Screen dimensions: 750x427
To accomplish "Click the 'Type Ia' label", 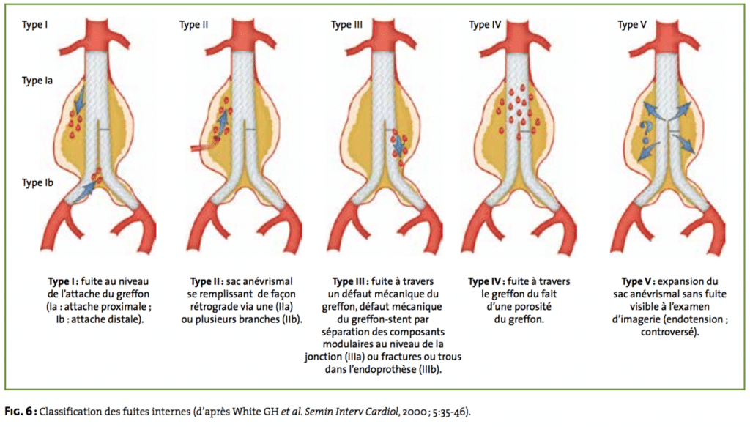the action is click(x=37, y=81).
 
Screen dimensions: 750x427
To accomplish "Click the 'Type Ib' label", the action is click(x=37, y=182).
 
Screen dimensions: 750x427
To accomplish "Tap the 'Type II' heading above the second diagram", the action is click(x=193, y=25).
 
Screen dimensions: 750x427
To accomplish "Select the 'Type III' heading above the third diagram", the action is click(x=346, y=25).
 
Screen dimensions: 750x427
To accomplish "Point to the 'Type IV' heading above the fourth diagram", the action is click(x=485, y=25).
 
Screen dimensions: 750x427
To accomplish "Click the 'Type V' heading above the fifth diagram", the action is click(x=632, y=25).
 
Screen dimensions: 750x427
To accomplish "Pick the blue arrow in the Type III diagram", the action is click(x=396, y=143).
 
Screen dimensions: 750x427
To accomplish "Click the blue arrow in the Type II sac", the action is click(x=221, y=122).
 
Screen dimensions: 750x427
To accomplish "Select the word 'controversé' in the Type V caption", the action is click(x=669, y=332).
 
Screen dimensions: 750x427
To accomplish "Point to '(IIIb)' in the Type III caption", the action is click(x=429, y=370).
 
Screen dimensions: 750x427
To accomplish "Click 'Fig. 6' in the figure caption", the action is click(x=19, y=411).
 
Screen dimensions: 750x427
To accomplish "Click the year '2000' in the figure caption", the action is click(x=413, y=412).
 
